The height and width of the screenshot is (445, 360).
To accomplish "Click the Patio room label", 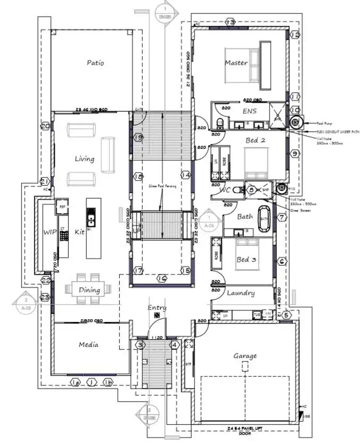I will (x=95, y=63).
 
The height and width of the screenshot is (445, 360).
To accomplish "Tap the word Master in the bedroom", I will (x=236, y=63).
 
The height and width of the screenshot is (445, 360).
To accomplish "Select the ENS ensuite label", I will (x=249, y=111).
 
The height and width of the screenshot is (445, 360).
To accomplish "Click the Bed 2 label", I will (x=256, y=141).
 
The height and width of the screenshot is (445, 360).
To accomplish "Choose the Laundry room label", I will (x=241, y=293).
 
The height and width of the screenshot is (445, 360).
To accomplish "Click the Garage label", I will (x=245, y=356).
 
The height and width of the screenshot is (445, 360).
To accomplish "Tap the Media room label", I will (x=88, y=344).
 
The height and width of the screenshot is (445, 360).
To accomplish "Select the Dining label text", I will (x=89, y=290).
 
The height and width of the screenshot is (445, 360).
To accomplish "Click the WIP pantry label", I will (x=50, y=232).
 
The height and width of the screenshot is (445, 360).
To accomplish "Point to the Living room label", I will (x=84, y=159).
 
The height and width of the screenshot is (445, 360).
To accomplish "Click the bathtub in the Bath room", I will (x=264, y=218).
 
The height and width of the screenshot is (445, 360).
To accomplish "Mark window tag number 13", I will (x=230, y=22).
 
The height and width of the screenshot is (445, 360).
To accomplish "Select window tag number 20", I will (x=45, y=126).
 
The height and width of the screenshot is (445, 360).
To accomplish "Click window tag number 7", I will (x=282, y=217).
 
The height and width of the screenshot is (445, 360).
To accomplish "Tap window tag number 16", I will (x=162, y=278).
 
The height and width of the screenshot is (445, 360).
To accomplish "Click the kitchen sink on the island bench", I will (x=91, y=217).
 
